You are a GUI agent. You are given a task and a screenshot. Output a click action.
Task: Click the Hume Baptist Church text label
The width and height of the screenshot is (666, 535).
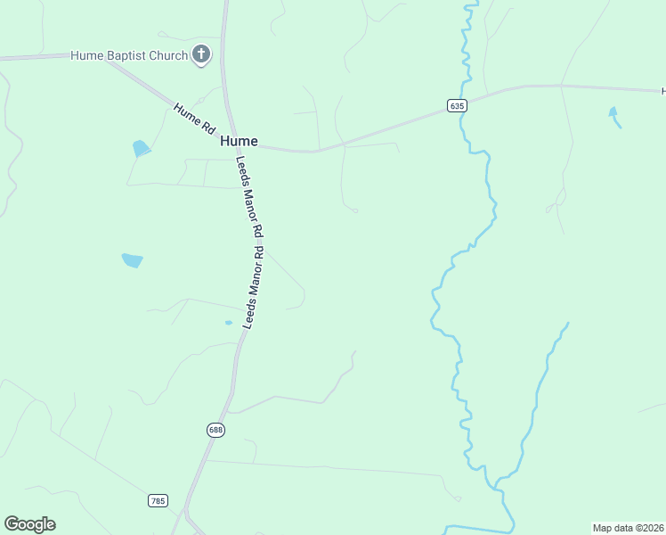129,55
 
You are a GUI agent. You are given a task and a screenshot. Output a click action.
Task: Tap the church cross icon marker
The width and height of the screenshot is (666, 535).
202,54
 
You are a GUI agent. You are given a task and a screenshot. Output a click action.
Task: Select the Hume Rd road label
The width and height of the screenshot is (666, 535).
194,119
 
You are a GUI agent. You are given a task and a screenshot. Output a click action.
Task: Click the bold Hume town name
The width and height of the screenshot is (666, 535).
239,141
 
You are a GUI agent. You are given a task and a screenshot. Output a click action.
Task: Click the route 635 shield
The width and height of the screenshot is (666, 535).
456,105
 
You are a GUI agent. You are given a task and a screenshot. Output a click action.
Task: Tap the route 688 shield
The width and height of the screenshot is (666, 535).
216,430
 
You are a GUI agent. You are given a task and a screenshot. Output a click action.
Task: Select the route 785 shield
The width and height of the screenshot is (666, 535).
158,501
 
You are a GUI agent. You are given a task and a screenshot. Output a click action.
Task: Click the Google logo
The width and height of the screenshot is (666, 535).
29,524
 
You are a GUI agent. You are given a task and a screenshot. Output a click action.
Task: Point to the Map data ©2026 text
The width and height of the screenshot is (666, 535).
629,527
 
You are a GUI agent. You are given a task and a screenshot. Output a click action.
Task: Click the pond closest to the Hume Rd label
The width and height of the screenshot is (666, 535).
141,148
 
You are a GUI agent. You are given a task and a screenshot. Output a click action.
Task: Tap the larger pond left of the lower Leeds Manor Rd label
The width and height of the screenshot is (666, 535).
132,260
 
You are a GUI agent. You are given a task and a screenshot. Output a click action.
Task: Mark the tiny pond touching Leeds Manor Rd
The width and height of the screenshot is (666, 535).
229,323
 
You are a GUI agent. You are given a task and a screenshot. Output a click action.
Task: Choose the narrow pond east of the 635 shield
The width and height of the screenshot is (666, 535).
613,115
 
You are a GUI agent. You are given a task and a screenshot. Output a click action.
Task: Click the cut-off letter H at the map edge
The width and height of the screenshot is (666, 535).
663,91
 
